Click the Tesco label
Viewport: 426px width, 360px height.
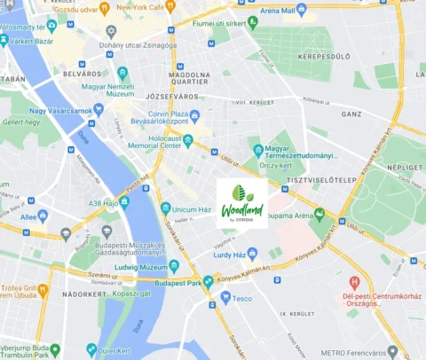242,299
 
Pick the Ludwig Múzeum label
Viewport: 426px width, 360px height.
140,267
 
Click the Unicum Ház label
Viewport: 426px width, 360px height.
193,207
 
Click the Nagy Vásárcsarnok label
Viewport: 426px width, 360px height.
60,111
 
